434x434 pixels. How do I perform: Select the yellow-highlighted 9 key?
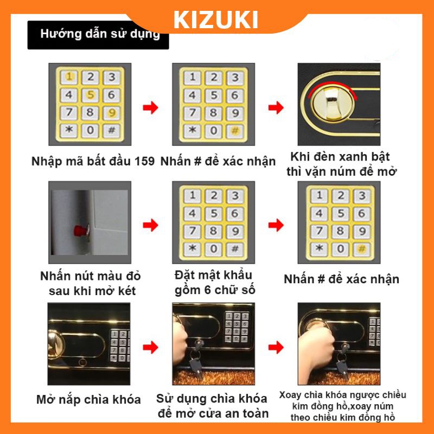(x=111, y=113)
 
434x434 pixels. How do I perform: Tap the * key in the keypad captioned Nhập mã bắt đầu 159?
(x=69, y=130)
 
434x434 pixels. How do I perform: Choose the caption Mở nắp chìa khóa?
(x=88, y=400)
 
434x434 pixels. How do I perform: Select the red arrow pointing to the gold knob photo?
(x=276, y=107)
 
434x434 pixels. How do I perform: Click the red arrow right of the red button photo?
(x=150, y=225)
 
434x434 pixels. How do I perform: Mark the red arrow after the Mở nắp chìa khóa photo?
(x=150, y=346)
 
